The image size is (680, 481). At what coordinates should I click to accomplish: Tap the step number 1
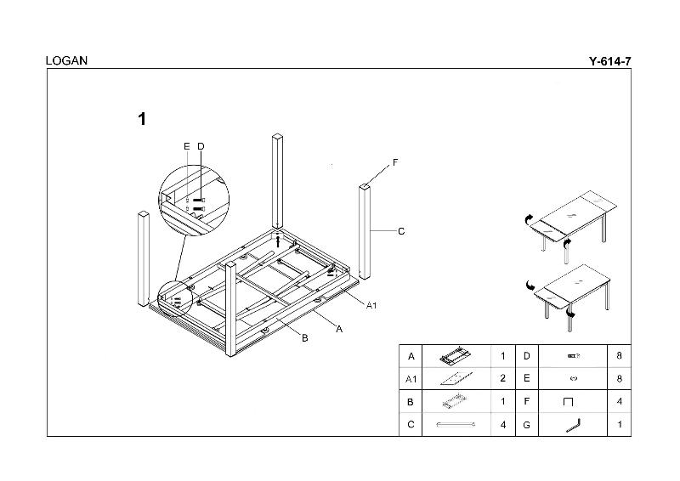point(142,119)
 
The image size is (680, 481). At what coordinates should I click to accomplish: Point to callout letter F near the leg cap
point(395,162)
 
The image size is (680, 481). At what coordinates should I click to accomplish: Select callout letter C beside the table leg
point(401,231)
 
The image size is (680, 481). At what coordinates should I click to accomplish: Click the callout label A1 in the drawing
point(371,304)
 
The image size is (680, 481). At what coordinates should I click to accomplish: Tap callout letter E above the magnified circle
point(187,146)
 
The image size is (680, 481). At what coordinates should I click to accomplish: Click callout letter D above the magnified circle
point(201,146)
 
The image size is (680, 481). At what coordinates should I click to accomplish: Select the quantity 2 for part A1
point(503,378)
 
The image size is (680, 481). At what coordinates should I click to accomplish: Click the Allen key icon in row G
point(573,424)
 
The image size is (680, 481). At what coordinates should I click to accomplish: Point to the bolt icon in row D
point(573,355)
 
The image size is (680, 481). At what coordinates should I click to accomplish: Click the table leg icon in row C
point(456,424)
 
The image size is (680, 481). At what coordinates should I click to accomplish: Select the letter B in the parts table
point(411,401)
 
